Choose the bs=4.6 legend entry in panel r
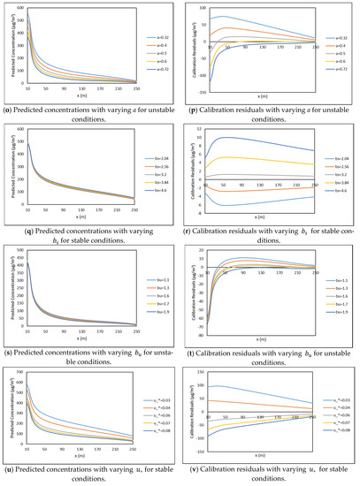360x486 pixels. click(340, 189)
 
